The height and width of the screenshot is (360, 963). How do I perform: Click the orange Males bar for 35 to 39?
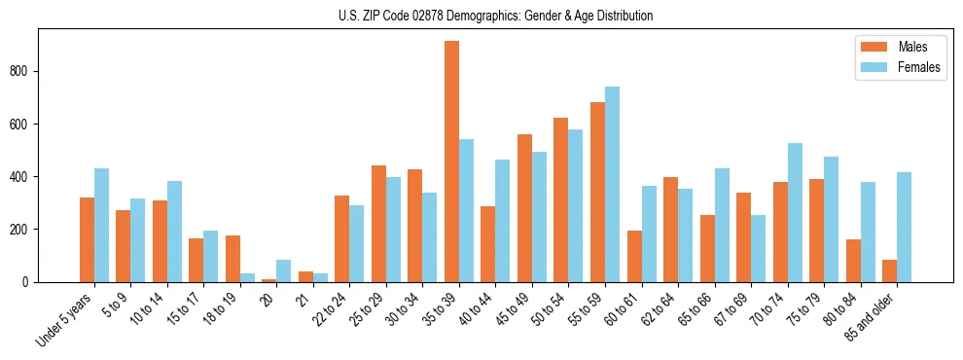[x=451, y=162]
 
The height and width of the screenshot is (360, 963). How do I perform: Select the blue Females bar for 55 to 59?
[x=612, y=185]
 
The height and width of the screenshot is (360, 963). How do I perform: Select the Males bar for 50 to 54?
[x=561, y=199]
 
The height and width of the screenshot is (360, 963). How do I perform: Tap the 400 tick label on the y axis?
[x=27, y=176]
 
